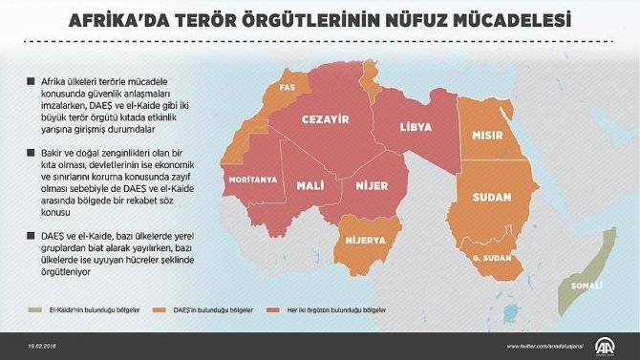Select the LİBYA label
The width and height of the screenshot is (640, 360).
coord(415,126)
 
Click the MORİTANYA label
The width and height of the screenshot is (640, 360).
coord(252,179)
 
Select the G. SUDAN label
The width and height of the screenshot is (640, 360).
coord(489,257)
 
